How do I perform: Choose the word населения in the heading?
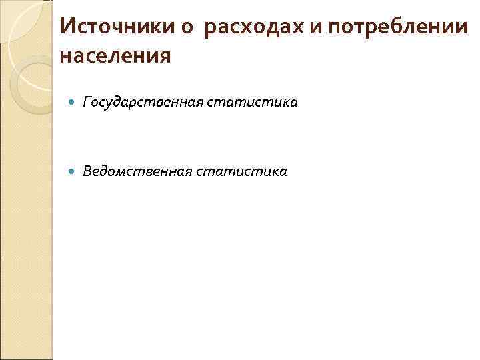point(115,56)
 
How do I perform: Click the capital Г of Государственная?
point(87,103)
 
